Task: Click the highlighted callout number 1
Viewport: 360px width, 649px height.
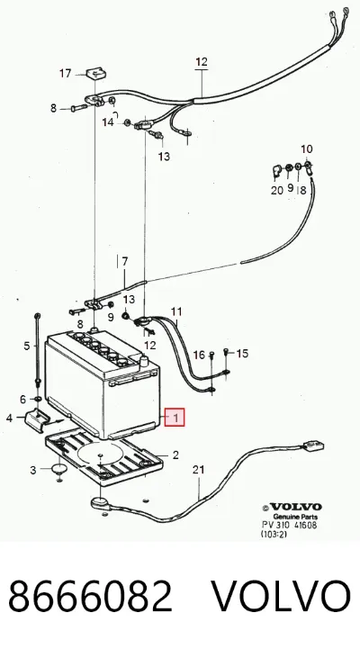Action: point(175,418)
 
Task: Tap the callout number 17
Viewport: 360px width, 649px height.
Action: point(66,74)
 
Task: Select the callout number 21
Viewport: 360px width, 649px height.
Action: point(199,470)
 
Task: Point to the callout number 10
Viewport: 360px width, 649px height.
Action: point(307,149)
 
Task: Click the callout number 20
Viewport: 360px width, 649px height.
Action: point(277,190)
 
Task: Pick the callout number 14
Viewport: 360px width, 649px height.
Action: point(108,122)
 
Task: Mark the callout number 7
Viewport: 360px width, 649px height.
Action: point(124,262)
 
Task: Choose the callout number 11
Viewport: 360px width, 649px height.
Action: point(176,311)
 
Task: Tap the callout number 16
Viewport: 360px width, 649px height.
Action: point(199,355)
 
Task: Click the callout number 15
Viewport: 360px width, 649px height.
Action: point(242,354)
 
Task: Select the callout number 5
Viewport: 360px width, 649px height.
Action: point(27,346)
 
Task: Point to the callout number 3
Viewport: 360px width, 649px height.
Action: point(33,470)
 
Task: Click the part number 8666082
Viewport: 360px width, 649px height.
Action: point(90,596)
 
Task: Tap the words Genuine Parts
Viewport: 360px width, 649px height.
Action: point(295,517)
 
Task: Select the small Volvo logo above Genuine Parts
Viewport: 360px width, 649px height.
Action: point(292,507)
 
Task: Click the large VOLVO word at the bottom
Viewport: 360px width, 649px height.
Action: point(282,596)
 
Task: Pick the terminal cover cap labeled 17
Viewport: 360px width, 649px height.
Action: point(96,74)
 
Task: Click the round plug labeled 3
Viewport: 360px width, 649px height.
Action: point(59,469)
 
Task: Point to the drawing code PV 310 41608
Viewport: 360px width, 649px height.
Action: point(290,525)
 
